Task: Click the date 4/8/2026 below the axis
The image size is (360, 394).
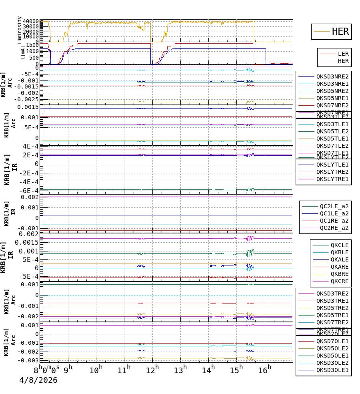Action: pyautogui.click(x=38, y=380)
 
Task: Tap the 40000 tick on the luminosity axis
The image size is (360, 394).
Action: pyautogui.click(x=31, y=21)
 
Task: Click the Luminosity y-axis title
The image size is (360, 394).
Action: pyautogui.click(x=20, y=30)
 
